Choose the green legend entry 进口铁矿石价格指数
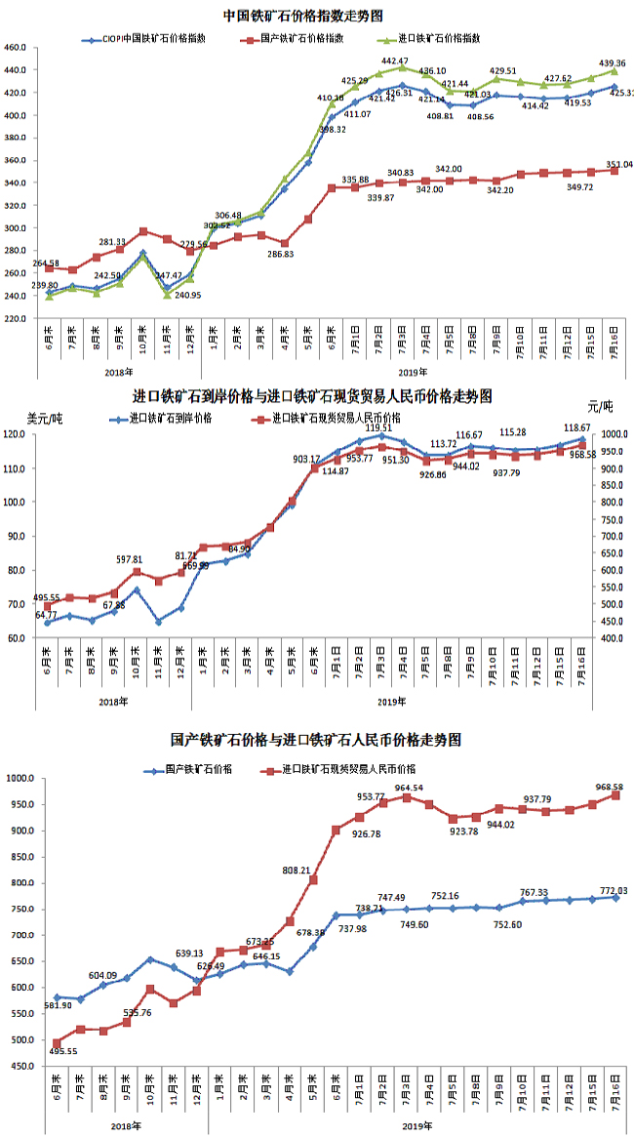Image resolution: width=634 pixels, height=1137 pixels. click(x=439, y=40)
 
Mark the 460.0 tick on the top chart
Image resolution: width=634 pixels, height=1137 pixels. click(x=15, y=48)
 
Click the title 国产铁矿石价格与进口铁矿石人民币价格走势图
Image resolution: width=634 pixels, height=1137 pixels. click(x=316, y=740)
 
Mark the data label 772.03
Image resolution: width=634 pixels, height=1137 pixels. click(x=614, y=889)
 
